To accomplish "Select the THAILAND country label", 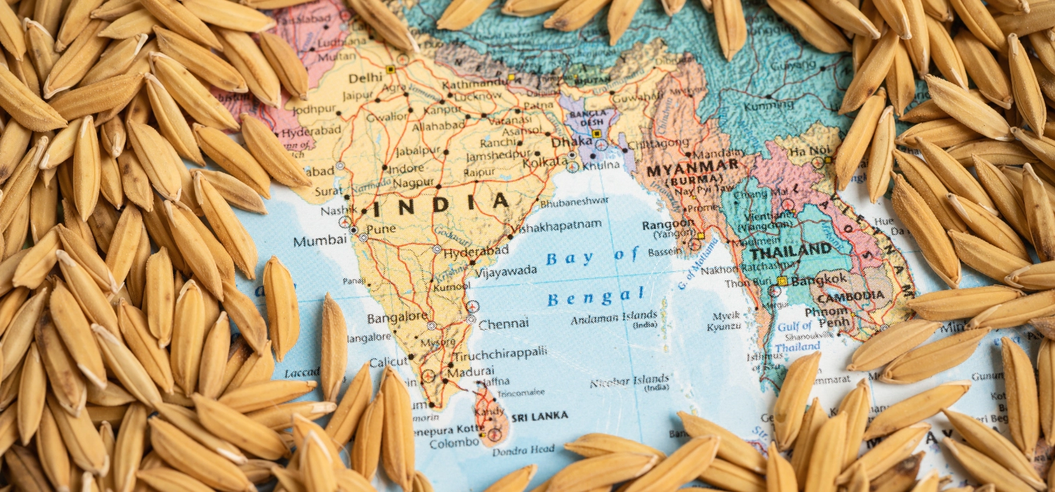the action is (791, 250).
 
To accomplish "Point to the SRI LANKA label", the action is (539, 417).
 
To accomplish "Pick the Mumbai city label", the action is (320, 241).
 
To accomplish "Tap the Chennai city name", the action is (503, 324).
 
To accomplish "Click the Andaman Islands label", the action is (615, 318).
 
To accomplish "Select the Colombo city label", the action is (454, 443).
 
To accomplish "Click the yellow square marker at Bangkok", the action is (781, 280).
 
